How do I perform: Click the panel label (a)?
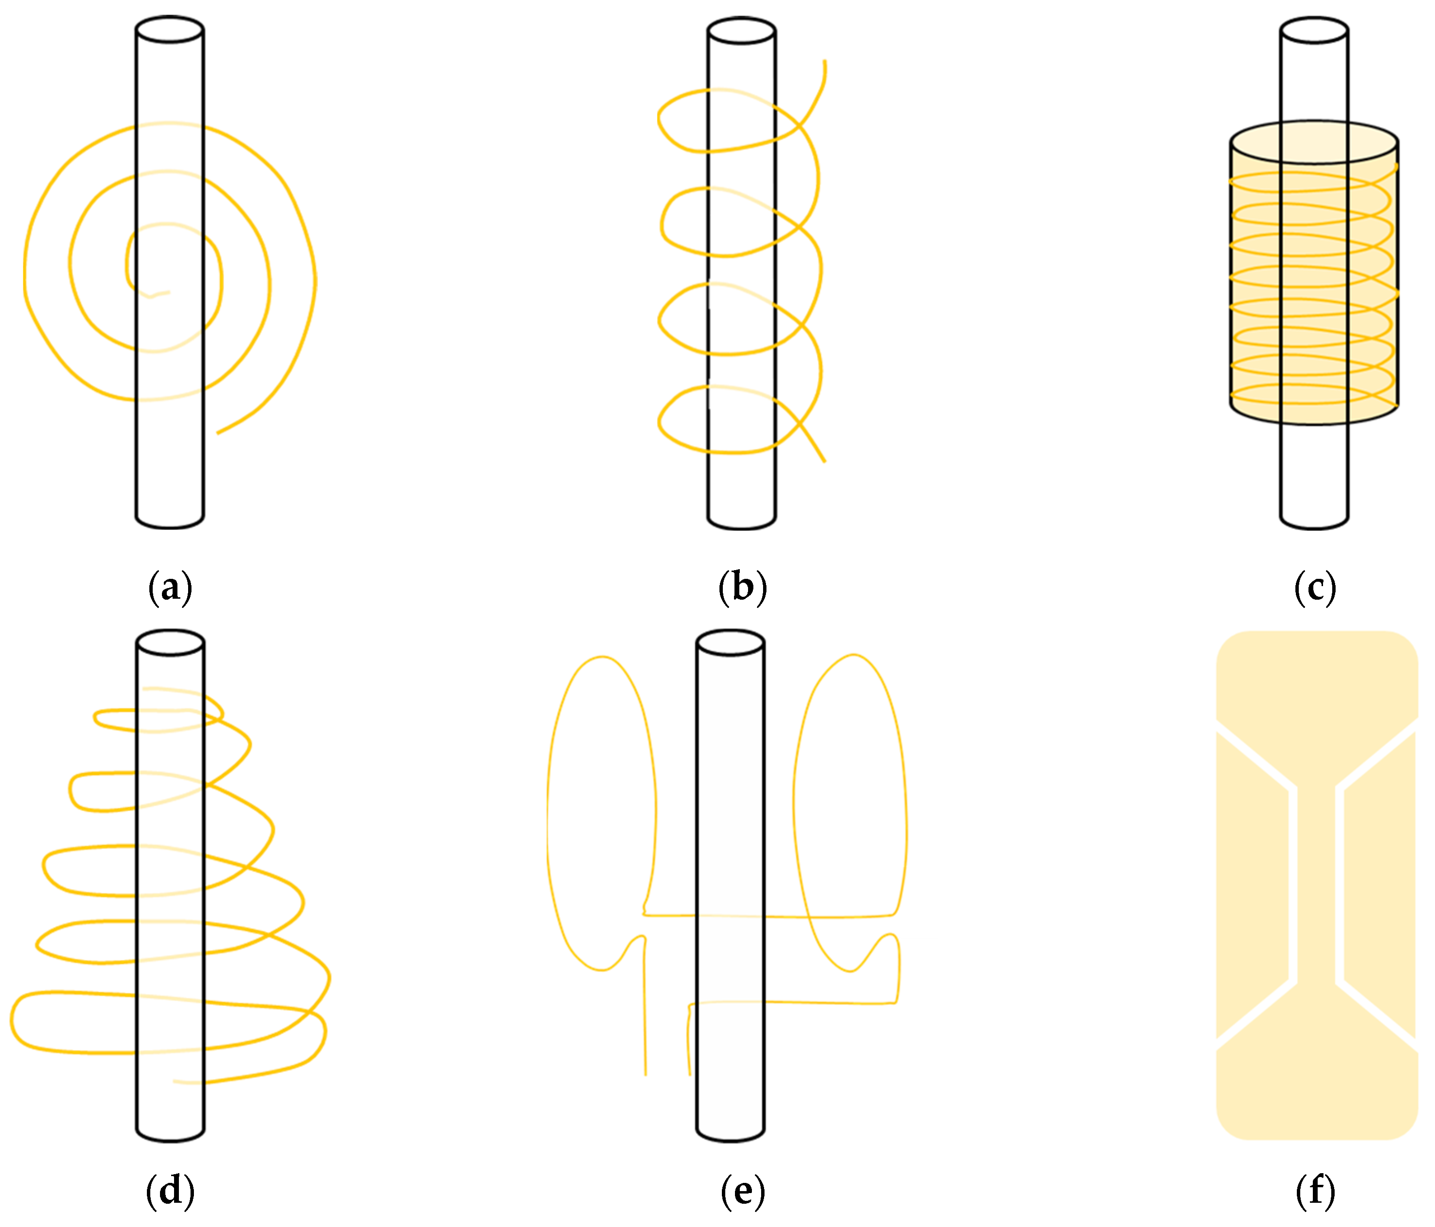170,588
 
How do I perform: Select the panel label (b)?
742,588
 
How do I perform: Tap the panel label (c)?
1314,588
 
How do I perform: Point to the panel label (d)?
170,1191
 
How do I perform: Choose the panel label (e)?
742,1191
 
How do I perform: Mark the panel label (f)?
1314,1191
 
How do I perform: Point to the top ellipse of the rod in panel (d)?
170,642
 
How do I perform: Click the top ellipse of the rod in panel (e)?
730,642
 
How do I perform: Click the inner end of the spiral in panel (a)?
168,292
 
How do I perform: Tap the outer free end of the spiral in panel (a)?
218,433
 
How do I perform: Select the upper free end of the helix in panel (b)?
824,63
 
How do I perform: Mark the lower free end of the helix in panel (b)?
824,461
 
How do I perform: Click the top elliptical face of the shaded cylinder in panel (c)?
1314,142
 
